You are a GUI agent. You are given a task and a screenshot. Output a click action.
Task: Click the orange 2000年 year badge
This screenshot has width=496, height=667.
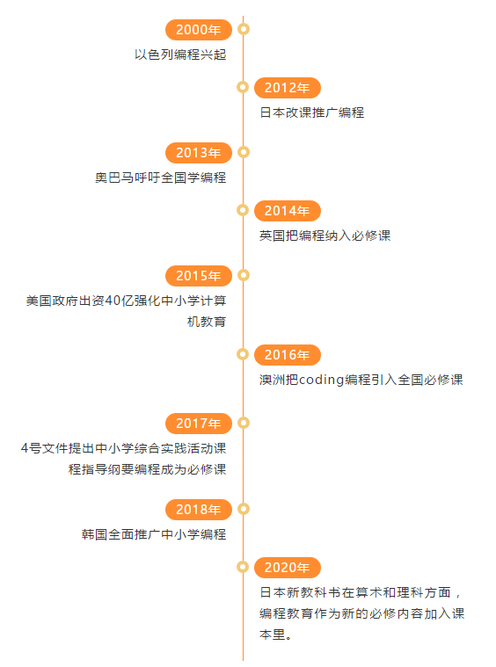click(199, 30)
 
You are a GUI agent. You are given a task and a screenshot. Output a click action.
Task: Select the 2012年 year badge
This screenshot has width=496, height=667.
click(288, 88)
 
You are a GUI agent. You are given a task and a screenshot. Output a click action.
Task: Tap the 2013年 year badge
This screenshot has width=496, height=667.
click(199, 153)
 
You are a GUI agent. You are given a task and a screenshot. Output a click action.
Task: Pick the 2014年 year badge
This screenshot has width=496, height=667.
click(288, 211)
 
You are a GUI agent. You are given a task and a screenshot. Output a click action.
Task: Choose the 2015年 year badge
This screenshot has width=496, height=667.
click(199, 276)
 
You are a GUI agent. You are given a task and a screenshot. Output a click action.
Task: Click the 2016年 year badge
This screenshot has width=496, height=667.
click(288, 355)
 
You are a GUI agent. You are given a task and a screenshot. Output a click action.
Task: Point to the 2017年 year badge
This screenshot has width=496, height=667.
click(199, 424)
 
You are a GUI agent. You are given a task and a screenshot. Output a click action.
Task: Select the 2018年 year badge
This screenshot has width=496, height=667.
click(199, 509)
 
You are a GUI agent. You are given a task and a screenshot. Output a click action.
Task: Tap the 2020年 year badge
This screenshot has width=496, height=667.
click(288, 568)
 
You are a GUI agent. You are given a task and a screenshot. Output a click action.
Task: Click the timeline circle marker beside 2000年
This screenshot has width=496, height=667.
click(244, 29)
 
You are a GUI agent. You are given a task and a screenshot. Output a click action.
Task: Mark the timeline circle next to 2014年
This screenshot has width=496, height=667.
click(243, 210)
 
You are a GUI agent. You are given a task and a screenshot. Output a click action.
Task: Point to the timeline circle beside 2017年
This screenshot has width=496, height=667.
click(244, 423)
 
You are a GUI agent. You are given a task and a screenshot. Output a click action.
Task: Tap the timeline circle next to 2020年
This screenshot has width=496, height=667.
click(243, 567)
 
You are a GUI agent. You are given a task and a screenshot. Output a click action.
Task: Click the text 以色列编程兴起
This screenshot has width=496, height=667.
click(180, 54)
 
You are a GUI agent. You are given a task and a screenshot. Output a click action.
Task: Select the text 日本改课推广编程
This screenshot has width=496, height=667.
click(312, 112)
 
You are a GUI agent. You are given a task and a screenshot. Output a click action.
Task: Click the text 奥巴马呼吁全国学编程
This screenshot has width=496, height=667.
click(161, 178)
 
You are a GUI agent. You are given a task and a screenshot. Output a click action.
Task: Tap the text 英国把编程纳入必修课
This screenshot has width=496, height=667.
click(325, 236)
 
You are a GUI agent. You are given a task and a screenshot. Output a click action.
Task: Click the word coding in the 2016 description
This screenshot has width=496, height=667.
click(322, 380)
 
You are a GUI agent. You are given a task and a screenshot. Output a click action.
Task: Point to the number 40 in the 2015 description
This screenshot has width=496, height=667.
click(113, 301)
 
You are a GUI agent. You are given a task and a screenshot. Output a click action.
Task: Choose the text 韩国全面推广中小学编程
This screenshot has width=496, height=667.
click(154, 533)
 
